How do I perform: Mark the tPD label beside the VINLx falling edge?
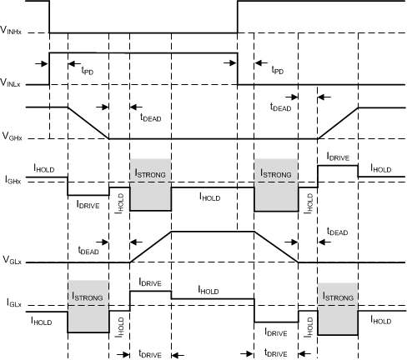pos(279,71)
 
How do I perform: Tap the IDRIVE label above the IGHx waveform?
pos(338,156)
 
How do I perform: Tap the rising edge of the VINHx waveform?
pos(238,17)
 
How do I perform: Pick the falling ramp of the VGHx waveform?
pos(88,122)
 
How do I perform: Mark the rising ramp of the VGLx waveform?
pos(151,247)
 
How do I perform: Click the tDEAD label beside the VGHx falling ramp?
pos(151,118)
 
